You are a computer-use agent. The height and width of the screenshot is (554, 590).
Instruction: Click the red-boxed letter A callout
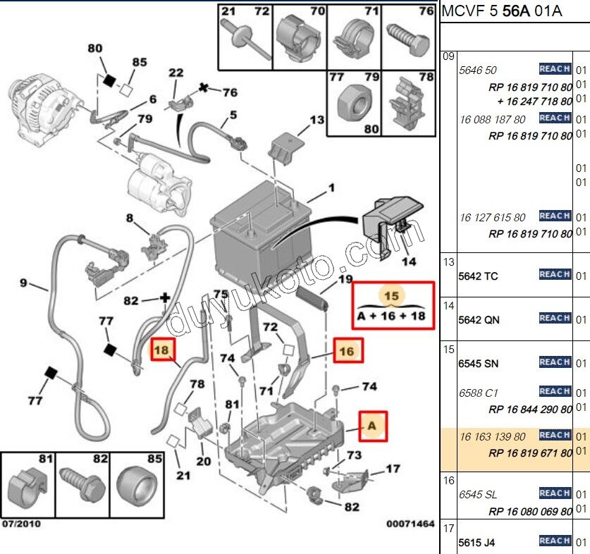pyautogui.click(x=372, y=426)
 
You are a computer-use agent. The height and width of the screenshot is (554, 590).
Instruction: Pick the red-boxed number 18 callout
pyautogui.click(x=162, y=349)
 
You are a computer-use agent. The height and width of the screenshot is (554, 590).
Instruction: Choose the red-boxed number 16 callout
pyautogui.click(x=347, y=350)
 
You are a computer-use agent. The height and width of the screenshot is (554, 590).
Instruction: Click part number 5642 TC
pyautogui.click(x=478, y=276)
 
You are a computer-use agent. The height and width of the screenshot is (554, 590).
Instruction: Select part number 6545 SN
pyautogui.click(x=478, y=364)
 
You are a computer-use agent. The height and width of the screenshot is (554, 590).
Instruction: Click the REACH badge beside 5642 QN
pyautogui.click(x=555, y=318)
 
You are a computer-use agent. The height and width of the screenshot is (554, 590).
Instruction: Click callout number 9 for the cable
pyautogui.click(x=23, y=283)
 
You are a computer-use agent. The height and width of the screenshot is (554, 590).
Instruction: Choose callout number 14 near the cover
pyautogui.click(x=409, y=262)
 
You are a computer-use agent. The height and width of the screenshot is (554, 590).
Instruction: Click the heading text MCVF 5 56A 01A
pyautogui.click(x=502, y=12)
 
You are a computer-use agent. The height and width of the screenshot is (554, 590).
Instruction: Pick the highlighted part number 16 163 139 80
pyautogui.click(x=492, y=437)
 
